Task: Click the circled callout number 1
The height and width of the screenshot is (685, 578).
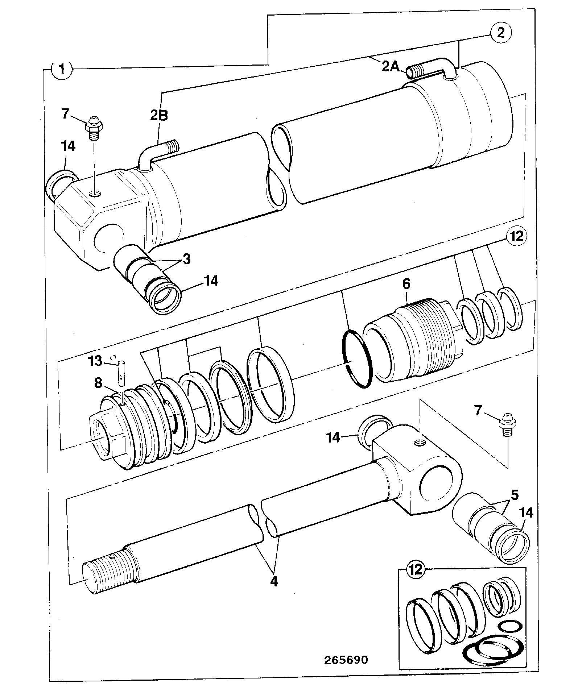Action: pyautogui.click(x=62, y=69)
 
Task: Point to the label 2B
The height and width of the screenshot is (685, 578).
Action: pyautogui.click(x=159, y=115)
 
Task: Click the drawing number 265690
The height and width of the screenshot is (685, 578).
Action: pyautogui.click(x=346, y=660)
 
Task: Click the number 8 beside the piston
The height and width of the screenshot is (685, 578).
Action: pyautogui.click(x=98, y=383)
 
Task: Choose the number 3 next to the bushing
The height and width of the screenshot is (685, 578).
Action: pyautogui.click(x=186, y=259)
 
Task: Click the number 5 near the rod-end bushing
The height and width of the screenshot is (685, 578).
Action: pyautogui.click(x=515, y=494)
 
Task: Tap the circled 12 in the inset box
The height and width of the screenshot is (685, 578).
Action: pyautogui.click(x=416, y=569)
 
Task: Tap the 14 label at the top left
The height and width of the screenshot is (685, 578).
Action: pyautogui.click(x=68, y=146)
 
